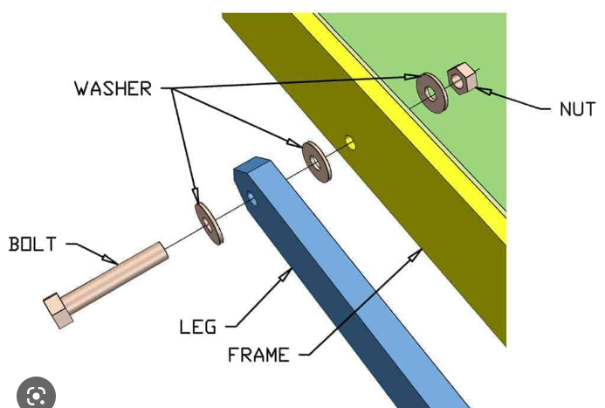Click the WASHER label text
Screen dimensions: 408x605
[x=113, y=88]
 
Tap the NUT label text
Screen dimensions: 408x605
[x=577, y=109]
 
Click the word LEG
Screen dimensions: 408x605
[x=197, y=327]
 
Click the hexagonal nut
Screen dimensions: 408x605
[x=459, y=80]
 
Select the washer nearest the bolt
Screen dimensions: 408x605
[x=208, y=224]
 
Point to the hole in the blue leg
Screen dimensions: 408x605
[x=253, y=198]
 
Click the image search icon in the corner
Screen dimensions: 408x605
[x=36, y=396]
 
